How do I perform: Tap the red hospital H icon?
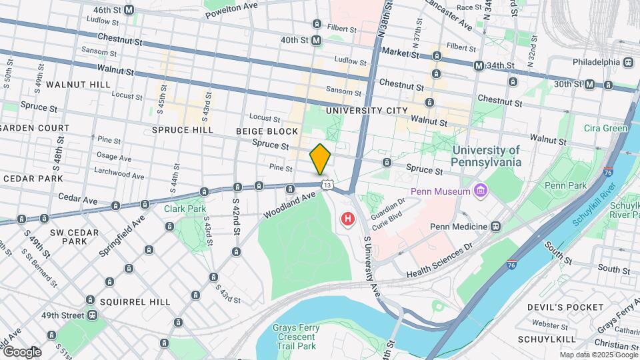[347, 219]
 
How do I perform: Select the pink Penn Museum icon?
[480, 193]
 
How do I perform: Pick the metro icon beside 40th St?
[317, 41]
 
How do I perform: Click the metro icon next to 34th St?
[479, 66]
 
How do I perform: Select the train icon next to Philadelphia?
[628, 62]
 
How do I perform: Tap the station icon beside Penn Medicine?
[495, 226]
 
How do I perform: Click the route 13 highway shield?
[325, 184]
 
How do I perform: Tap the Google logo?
[21, 352]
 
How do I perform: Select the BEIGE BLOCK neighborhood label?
[267, 131]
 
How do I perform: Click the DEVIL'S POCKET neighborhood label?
[565, 307]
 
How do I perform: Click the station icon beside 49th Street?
[91, 315]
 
